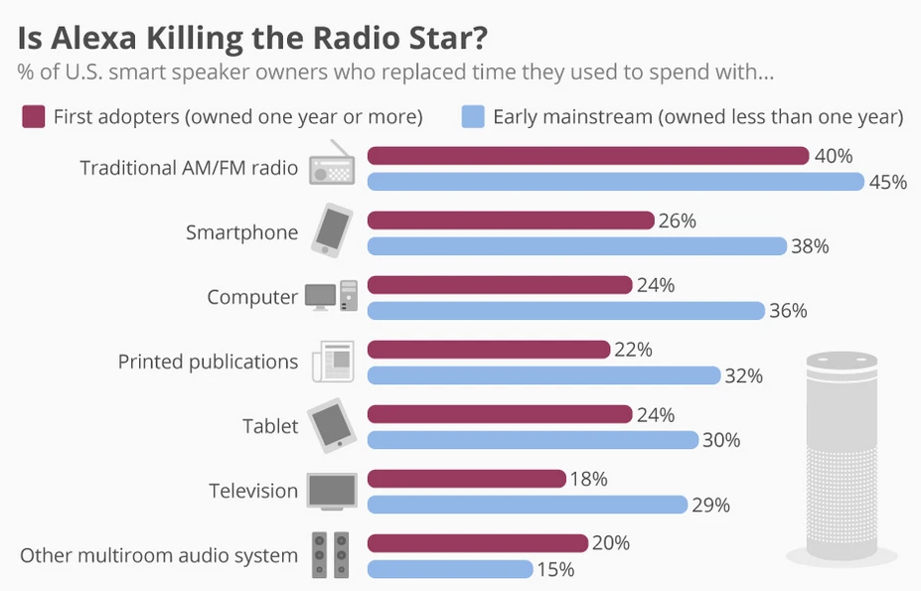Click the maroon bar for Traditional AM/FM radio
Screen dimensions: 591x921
click(x=588, y=156)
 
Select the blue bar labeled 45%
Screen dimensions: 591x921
click(x=616, y=182)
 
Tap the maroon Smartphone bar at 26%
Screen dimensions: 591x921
click(x=511, y=221)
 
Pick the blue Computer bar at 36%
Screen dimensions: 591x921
click(x=566, y=311)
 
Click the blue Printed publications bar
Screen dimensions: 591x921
click(x=543, y=375)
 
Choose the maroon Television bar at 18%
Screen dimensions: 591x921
click(x=466, y=479)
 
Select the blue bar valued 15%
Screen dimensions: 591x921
click(x=450, y=569)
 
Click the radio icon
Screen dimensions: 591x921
click(x=332, y=164)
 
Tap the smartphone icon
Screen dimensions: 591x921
click(x=332, y=230)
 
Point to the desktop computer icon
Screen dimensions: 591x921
click(x=331, y=295)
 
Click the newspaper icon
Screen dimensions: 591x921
click(x=332, y=361)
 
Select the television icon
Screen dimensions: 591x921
click(x=332, y=490)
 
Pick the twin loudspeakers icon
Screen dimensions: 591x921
click(x=332, y=554)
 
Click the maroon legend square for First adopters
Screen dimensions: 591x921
click(x=34, y=117)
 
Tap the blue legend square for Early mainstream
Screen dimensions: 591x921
click(x=474, y=117)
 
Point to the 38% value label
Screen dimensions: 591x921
click(x=810, y=246)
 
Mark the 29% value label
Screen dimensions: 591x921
click(x=710, y=506)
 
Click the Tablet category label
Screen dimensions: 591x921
click(x=270, y=426)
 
